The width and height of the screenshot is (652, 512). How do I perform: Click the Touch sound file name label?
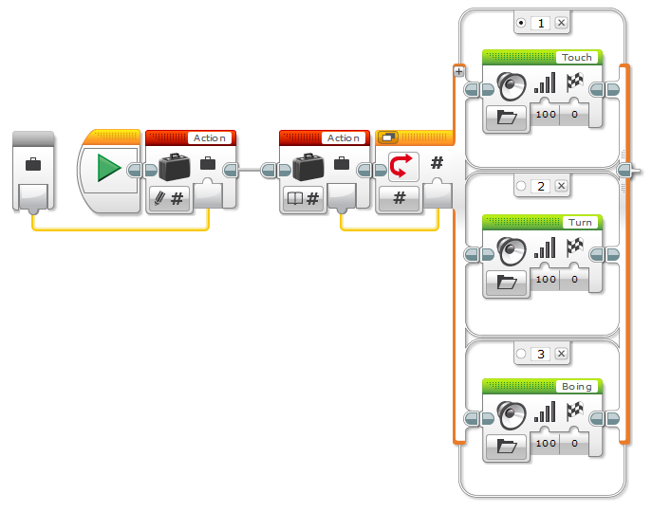[x=576, y=58]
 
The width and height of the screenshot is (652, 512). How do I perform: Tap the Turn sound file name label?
[x=578, y=223]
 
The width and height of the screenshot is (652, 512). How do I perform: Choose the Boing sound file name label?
[x=576, y=387]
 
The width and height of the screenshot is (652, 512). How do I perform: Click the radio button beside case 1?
[x=521, y=23]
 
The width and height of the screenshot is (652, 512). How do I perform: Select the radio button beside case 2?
[x=521, y=187]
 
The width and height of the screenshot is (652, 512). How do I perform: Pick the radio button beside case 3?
[x=521, y=354]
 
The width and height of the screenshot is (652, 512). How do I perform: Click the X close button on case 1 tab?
[x=561, y=23]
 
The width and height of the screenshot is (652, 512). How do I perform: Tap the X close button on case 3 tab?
[x=561, y=354]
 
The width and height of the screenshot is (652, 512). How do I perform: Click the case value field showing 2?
[x=541, y=187]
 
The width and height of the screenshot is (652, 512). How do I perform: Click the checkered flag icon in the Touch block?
[x=574, y=83]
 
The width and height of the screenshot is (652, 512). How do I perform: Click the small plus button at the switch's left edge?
[x=458, y=71]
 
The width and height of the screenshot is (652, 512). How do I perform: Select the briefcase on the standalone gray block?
[x=33, y=165]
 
